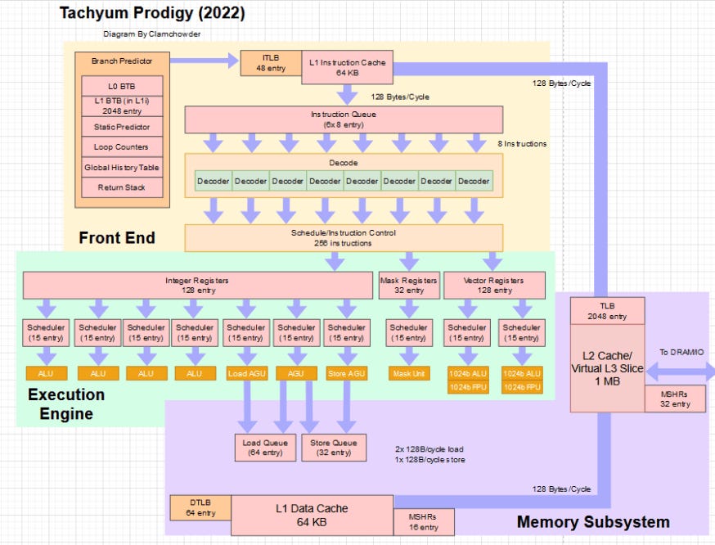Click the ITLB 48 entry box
270,64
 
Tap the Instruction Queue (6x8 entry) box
344,119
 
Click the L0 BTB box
123,86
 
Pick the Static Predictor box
123,127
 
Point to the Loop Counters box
123,147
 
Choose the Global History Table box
123,168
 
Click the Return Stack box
123,187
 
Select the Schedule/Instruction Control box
344,237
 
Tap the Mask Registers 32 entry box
409,285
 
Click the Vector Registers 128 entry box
494,285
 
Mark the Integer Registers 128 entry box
197,285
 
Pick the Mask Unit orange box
409,374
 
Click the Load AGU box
246,374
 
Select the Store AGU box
347,374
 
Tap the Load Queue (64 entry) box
263,448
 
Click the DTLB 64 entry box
200,507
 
